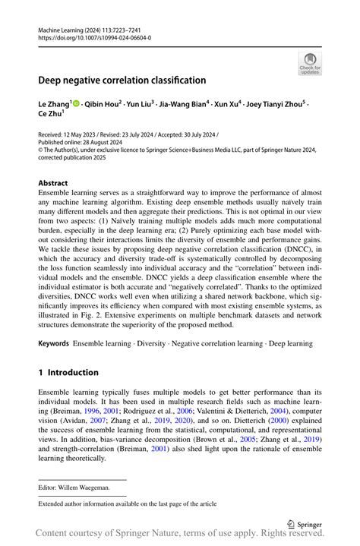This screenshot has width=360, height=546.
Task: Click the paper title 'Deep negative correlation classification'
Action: pos(122,80)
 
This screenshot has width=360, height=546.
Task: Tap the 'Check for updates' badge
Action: pos(310,64)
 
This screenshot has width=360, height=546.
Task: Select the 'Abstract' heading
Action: pos(53,183)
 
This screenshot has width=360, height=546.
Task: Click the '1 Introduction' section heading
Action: pos(68,372)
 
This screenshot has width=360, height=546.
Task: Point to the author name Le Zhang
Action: pos(55,102)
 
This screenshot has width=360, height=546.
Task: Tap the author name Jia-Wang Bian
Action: pos(182,102)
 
